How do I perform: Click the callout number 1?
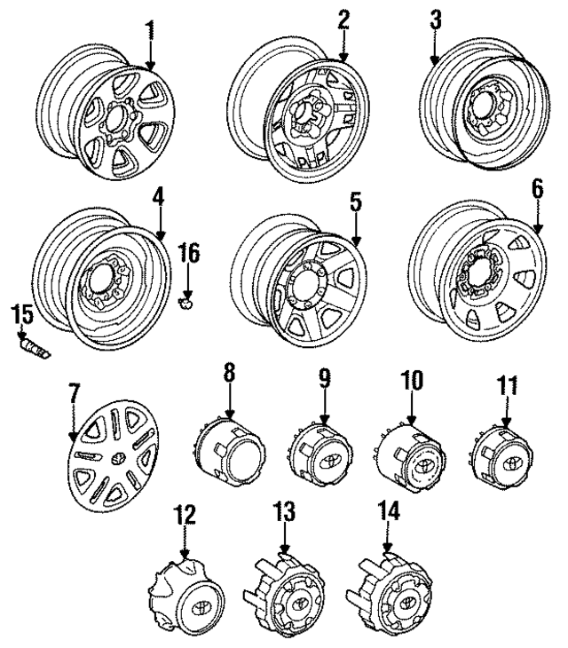point(149,29)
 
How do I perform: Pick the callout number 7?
point(74,392)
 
